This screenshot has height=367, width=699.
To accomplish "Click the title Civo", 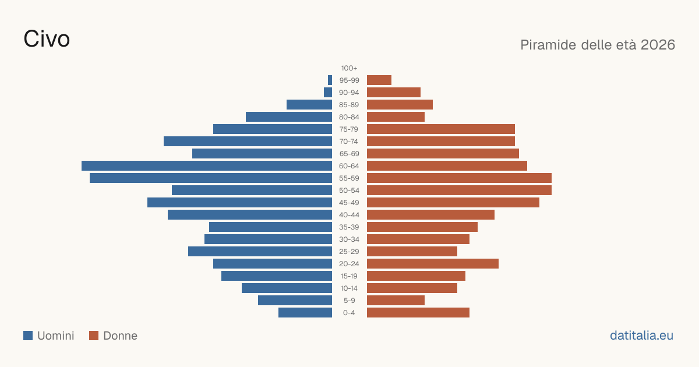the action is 47,39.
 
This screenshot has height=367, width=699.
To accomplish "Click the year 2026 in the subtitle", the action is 658,45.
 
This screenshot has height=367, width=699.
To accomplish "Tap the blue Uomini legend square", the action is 28,336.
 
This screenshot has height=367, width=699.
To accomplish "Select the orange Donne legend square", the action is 94,336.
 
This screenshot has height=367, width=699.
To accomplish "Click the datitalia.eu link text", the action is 641,336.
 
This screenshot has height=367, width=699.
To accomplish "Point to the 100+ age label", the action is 349,68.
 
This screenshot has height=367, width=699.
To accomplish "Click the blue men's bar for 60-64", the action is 207,165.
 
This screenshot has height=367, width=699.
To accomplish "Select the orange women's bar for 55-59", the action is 460,178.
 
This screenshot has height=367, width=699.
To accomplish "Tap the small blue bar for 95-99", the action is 330,80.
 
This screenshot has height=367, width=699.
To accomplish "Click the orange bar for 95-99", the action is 379,80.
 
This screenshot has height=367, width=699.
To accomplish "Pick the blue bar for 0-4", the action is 305,313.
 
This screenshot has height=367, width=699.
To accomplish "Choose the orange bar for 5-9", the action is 396,300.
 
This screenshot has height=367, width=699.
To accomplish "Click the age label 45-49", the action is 349,203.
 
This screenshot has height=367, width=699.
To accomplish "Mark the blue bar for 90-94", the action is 328,93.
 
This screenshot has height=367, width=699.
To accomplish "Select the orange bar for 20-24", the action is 433,264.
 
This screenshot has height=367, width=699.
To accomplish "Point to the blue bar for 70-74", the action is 248,142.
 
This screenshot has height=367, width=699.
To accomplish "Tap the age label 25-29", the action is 349,252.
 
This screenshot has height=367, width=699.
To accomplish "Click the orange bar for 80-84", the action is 396,117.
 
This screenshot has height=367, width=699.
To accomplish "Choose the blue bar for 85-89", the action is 309,104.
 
